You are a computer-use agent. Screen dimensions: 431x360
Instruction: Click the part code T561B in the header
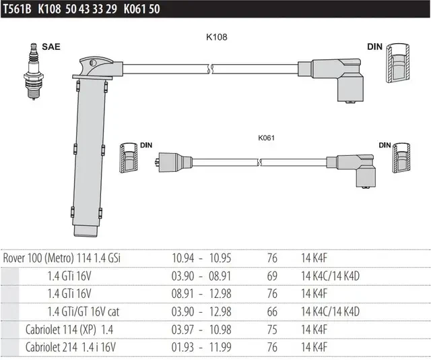(18, 9)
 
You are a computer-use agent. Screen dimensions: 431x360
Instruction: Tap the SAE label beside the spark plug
(51, 47)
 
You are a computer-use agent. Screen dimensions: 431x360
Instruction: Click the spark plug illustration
(34, 71)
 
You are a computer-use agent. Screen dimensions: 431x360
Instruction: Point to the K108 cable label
(217, 37)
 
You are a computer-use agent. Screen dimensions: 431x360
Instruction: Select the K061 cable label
(266, 138)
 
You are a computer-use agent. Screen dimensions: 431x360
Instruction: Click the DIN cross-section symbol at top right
(397, 63)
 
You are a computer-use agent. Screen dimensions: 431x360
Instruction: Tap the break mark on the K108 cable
(210, 69)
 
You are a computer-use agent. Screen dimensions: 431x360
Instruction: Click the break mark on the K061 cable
(259, 162)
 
